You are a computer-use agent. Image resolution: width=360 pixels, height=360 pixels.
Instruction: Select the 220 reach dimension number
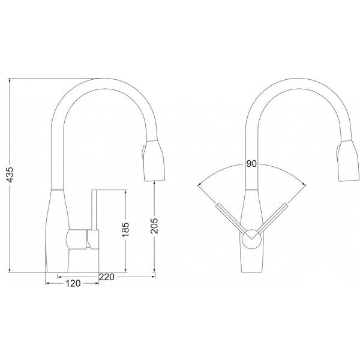click(x=107, y=277)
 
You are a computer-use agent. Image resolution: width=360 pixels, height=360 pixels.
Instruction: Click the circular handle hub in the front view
click(x=250, y=238)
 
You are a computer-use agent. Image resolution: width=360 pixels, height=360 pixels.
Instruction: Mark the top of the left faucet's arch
click(x=102, y=79)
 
